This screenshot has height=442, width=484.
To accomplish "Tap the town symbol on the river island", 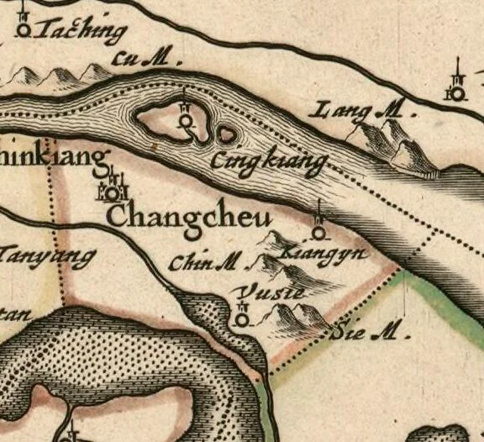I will click(x=184, y=121).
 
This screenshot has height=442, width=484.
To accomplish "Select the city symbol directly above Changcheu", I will click(x=113, y=190).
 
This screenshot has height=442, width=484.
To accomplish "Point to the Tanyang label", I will click(x=46, y=255).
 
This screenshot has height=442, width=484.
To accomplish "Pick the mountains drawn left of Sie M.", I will click(x=294, y=317).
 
